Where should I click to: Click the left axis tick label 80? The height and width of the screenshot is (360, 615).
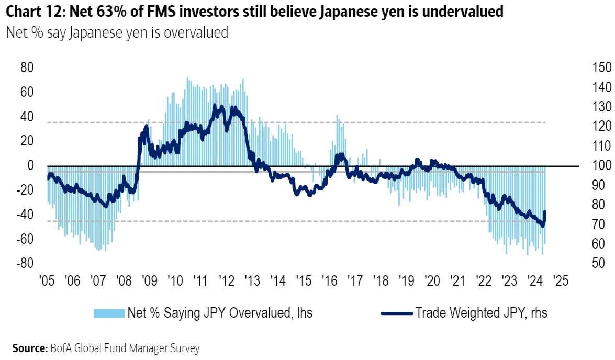[27, 68]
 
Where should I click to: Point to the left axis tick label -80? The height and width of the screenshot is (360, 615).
[25, 263]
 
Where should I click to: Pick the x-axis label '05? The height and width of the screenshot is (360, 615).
[48, 280]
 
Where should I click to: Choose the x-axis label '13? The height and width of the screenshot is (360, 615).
[252, 280]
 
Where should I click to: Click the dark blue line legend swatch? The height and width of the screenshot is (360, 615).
[397, 313]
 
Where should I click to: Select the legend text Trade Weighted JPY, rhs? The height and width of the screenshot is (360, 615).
[481, 313]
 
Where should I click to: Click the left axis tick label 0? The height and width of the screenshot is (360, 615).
[31, 166]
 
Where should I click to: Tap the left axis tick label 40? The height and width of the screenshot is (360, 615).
[27, 117]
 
